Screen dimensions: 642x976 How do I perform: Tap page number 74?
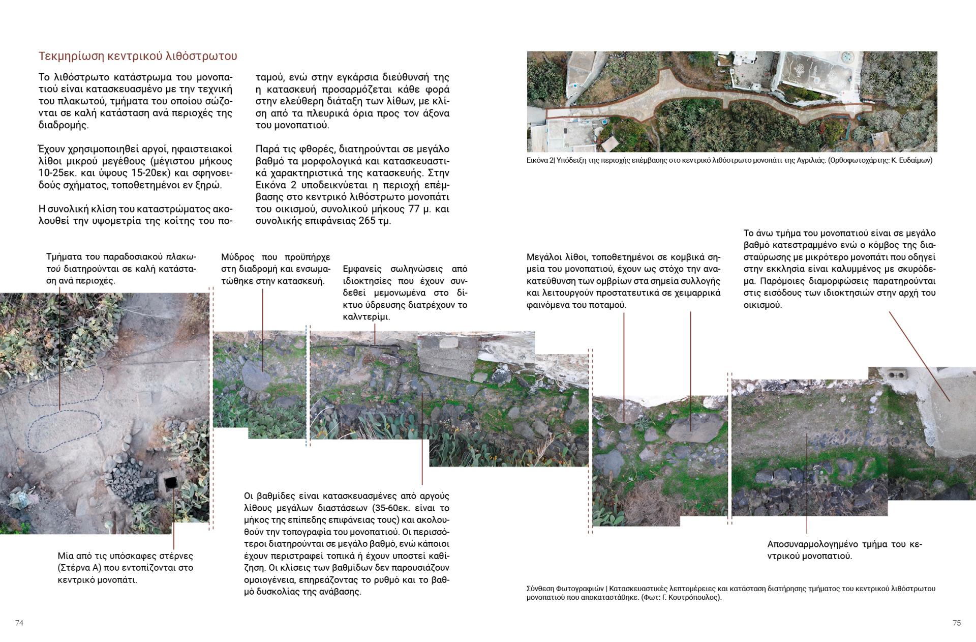point(19,623)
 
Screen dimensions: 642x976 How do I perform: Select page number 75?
point(957,623)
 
